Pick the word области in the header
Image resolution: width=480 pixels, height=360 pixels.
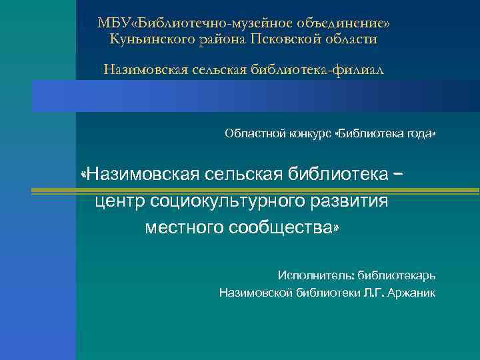point(351,39)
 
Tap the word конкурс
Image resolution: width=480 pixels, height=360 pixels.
point(311,134)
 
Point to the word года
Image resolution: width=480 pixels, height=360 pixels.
point(419,134)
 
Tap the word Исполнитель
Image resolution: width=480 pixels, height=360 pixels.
point(315,275)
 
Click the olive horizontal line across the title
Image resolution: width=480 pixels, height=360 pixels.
point(253,191)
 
